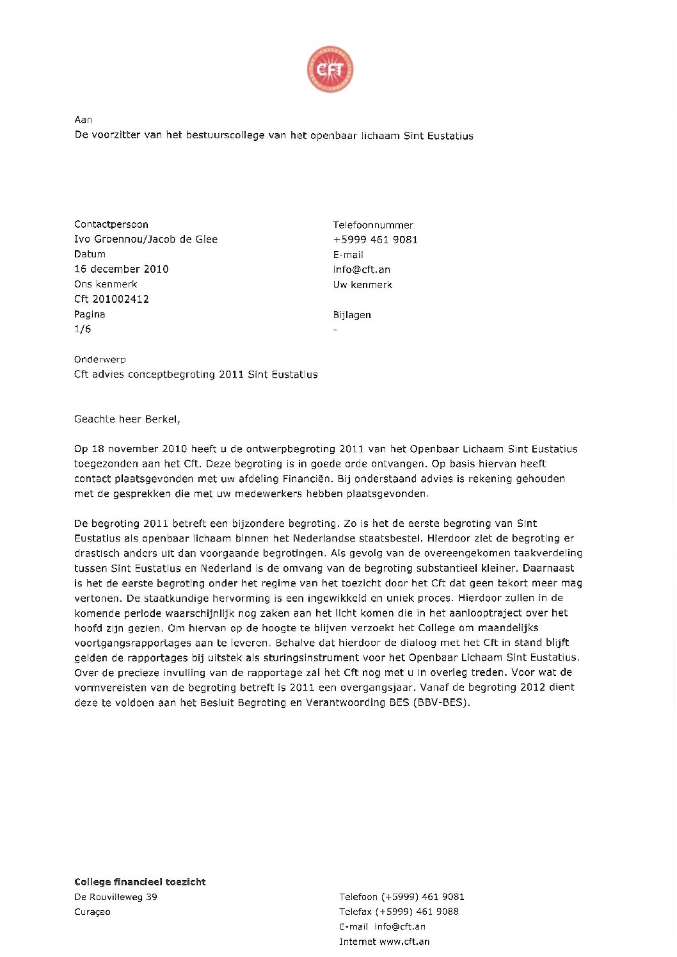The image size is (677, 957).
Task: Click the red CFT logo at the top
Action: [x=330, y=69]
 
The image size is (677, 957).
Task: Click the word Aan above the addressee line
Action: [x=83, y=120]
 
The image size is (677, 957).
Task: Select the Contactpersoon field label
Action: [x=111, y=224]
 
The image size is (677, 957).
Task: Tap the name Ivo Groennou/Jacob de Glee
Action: [x=146, y=239]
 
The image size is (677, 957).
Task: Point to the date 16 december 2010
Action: [x=122, y=269]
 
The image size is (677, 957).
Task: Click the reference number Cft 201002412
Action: [x=111, y=299]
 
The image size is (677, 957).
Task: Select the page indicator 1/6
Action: [x=83, y=329]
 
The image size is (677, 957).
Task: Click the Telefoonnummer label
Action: [x=373, y=225]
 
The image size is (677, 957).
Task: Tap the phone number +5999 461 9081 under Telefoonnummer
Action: [x=376, y=239]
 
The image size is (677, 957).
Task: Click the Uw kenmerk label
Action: [x=363, y=284]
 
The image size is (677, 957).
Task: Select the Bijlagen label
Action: [x=352, y=314]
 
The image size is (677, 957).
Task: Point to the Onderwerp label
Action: [x=100, y=359]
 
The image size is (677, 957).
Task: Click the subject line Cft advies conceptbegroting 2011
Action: [x=196, y=374]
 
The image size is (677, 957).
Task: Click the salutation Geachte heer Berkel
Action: [x=127, y=419]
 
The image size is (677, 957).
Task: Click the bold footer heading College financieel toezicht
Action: [x=140, y=881]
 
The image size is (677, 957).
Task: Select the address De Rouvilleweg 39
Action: [x=116, y=897]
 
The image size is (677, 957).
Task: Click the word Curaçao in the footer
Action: [x=92, y=912]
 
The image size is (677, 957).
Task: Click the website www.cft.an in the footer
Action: [x=404, y=942]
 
